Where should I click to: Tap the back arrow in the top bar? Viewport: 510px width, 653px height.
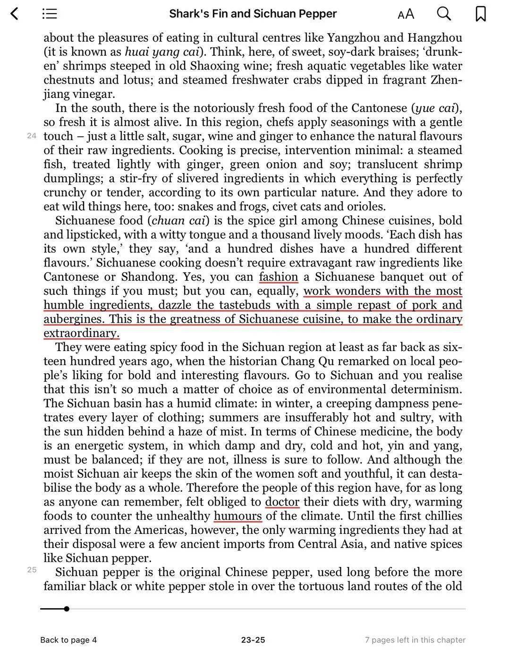pos(15,14)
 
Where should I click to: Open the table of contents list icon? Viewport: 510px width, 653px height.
pos(50,14)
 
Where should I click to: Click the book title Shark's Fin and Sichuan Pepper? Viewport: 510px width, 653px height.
pos(253,14)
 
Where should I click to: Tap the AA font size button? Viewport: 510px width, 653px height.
pos(406,14)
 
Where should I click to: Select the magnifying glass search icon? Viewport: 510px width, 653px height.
pos(443,14)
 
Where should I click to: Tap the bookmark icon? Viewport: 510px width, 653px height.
pos(480,14)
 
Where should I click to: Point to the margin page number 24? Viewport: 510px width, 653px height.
pos(32,136)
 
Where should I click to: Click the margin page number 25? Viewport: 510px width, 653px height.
pos(32,570)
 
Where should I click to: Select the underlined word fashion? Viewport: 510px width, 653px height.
pos(279,277)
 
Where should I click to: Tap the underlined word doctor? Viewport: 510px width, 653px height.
pos(282,502)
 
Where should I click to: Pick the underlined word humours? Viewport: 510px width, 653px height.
pos(238,516)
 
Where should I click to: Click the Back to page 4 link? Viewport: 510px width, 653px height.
pos(68,640)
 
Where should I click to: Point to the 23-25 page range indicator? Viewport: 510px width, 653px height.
pos(253,640)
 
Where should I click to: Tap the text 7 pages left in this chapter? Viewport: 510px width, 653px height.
pos(415,640)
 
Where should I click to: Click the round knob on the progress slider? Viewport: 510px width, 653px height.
pos(67,609)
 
